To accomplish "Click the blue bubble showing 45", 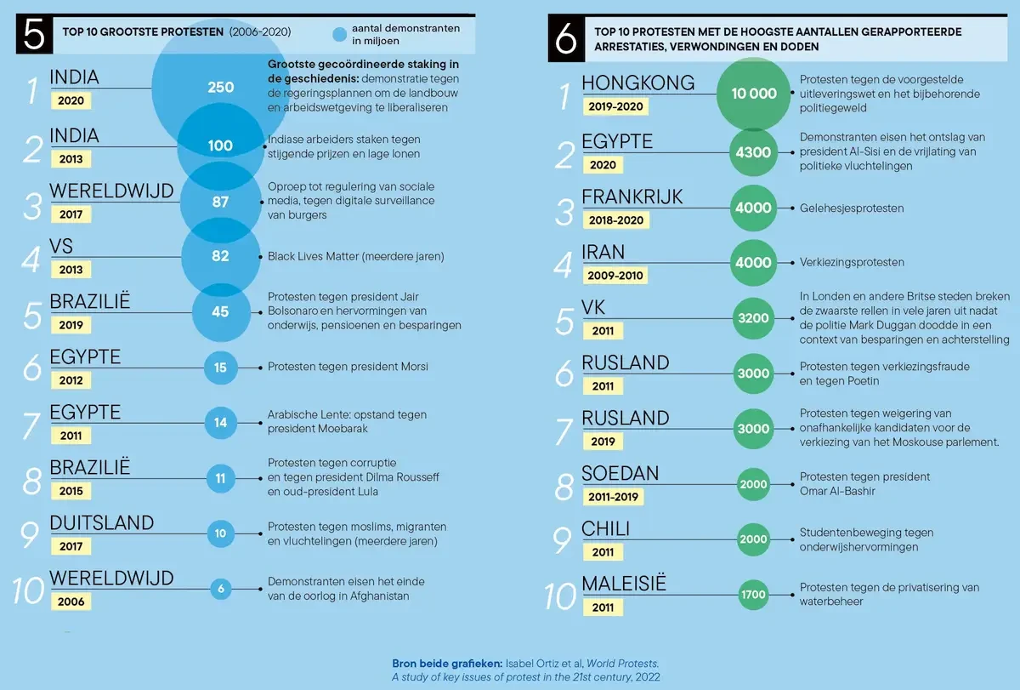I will point(220,312).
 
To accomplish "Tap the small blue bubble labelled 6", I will point(221,589).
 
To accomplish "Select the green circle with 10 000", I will point(754,94).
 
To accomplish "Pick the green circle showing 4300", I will point(754,153).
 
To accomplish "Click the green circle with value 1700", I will point(754,595).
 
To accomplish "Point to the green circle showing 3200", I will point(754,318).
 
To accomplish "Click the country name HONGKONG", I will point(637,83).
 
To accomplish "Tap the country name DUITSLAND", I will point(101,523).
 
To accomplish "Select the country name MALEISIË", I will point(623,584).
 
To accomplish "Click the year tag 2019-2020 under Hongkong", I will point(615,107).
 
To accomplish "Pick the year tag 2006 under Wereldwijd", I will point(71,602).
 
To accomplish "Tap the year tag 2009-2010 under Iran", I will point(615,276).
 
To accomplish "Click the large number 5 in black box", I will point(34,35).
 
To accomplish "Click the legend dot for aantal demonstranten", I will point(339,35).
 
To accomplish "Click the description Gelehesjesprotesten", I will point(851,208).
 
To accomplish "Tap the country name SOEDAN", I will point(620,474).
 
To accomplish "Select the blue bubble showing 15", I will point(220,368).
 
